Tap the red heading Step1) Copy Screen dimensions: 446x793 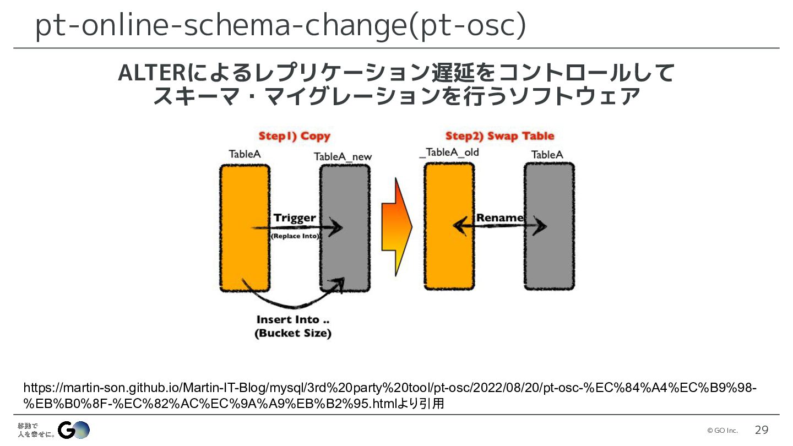coord(295,136)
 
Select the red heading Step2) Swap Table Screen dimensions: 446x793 coord(499,136)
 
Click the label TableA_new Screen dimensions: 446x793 coord(343,157)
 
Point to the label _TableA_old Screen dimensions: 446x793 coord(449,153)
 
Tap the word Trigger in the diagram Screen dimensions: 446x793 coord(295,217)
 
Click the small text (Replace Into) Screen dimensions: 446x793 coord(295,236)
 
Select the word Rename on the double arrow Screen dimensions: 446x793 coord(499,217)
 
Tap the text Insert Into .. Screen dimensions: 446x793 coord(292,320)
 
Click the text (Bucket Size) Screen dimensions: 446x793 coord(292,334)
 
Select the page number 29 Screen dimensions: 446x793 coord(761,430)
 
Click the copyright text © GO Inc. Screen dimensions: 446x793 coord(722,431)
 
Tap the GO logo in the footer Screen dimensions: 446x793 coord(74,430)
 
